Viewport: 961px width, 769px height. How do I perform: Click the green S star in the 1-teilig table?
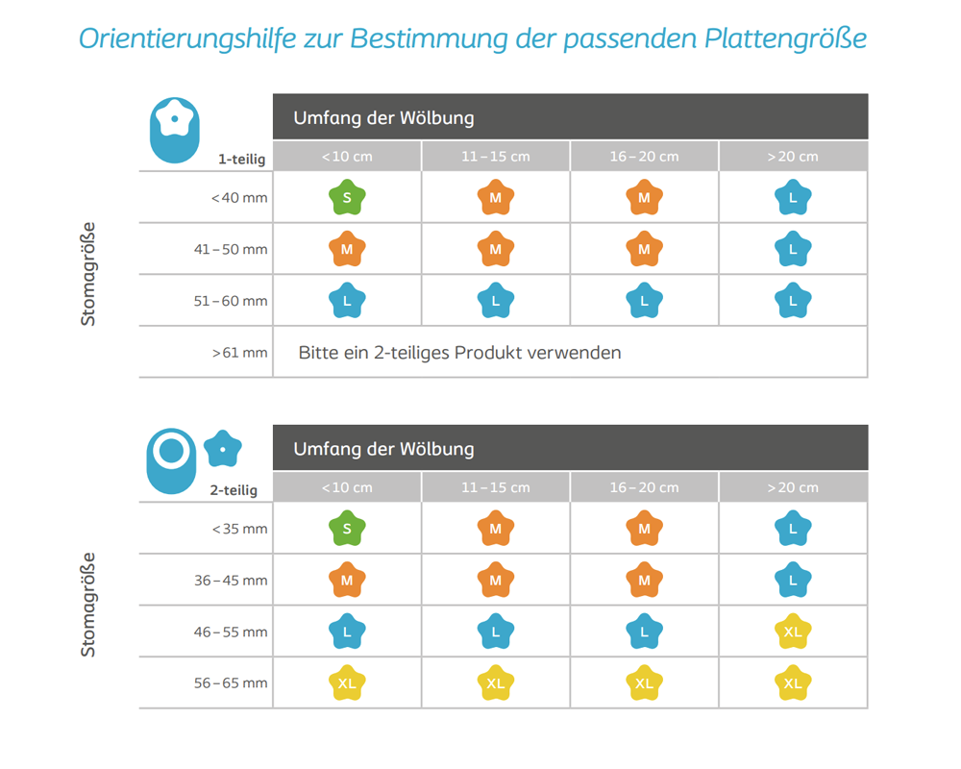(x=347, y=197)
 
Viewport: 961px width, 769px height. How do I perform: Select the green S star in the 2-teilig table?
(x=347, y=528)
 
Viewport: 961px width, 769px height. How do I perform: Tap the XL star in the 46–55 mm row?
(x=793, y=631)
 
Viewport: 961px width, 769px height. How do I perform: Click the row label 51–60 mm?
(x=231, y=301)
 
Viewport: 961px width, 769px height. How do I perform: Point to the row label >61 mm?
(x=239, y=353)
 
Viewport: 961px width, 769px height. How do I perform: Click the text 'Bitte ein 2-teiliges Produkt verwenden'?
(x=459, y=353)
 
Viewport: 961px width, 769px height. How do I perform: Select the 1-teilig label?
(x=241, y=160)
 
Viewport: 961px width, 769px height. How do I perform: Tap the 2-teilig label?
(x=234, y=490)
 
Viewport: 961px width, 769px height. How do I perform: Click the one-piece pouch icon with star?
(x=175, y=130)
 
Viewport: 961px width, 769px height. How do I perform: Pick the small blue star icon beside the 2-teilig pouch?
(x=223, y=449)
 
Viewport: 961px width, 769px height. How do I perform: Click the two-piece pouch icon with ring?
(x=172, y=461)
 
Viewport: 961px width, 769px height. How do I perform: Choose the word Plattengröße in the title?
(x=786, y=38)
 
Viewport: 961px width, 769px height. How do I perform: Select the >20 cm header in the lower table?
(x=793, y=487)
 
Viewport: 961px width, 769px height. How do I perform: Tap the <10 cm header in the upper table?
(x=347, y=157)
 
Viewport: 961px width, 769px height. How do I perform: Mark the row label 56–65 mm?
(x=231, y=683)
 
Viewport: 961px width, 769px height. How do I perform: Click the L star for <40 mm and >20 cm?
(x=793, y=197)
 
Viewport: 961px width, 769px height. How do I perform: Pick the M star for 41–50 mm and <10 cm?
(x=347, y=248)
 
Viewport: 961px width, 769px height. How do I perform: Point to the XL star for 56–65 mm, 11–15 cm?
(x=495, y=682)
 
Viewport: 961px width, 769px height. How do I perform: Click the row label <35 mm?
(x=239, y=529)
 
